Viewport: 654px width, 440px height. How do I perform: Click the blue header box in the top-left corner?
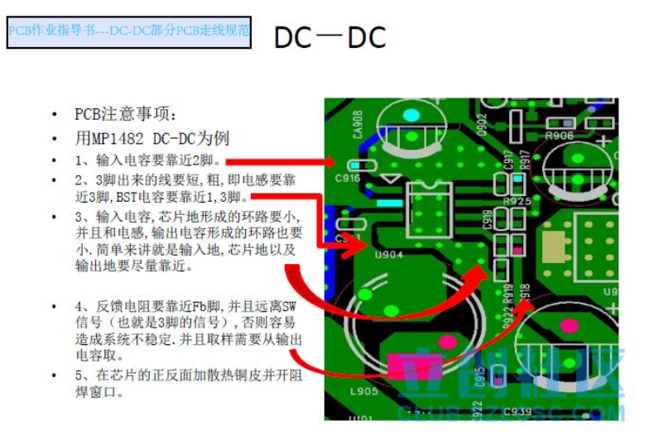click(128, 32)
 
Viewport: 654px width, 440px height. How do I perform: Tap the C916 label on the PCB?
click(347, 177)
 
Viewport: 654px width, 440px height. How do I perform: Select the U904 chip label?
click(388, 255)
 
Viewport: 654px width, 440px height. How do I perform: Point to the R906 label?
click(560, 136)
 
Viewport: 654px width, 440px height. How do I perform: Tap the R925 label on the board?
click(517, 201)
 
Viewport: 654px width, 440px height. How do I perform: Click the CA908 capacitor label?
click(358, 126)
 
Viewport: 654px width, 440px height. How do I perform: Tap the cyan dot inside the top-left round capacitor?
click(411, 112)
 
